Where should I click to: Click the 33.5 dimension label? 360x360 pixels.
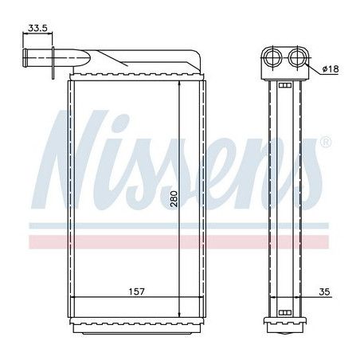pos(37,28)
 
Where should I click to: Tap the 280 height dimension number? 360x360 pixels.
pos(174,198)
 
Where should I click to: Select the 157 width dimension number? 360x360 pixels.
pos(137,292)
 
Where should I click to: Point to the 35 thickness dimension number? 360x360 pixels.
pos(324,292)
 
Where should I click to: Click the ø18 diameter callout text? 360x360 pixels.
pos(331,69)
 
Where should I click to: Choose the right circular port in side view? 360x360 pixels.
pos(296,57)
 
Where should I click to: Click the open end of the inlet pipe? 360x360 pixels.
pos(25,58)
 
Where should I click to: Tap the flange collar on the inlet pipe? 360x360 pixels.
pos(53,63)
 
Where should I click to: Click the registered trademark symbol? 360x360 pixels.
pos(326,142)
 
